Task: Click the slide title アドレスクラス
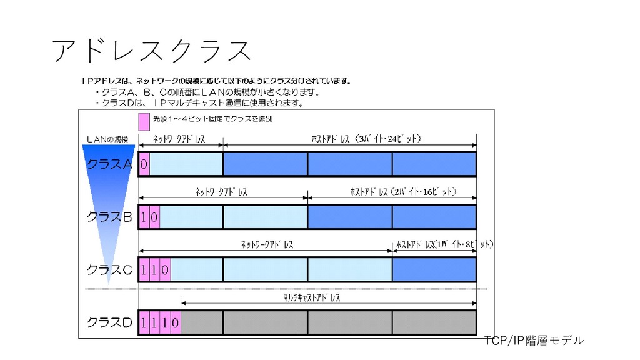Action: pos(152,51)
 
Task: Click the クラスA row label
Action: pos(109,164)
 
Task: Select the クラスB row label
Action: pos(109,217)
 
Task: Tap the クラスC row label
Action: pos(109,270)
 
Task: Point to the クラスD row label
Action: pos(109,322)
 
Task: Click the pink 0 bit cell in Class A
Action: pos(144,164)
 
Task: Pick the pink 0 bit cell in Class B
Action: pos(155,217)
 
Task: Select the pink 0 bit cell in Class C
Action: pos(165,270)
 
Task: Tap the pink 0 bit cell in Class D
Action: pos(176,322)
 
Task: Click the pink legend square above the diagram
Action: pos(144,119)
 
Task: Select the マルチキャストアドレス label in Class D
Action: pos(312,298)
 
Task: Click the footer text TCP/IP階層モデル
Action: pos(534,341)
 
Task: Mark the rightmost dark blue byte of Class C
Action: pos(434,270)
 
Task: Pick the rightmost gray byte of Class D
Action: pos(434,322)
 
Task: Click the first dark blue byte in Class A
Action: pos(265,164)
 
